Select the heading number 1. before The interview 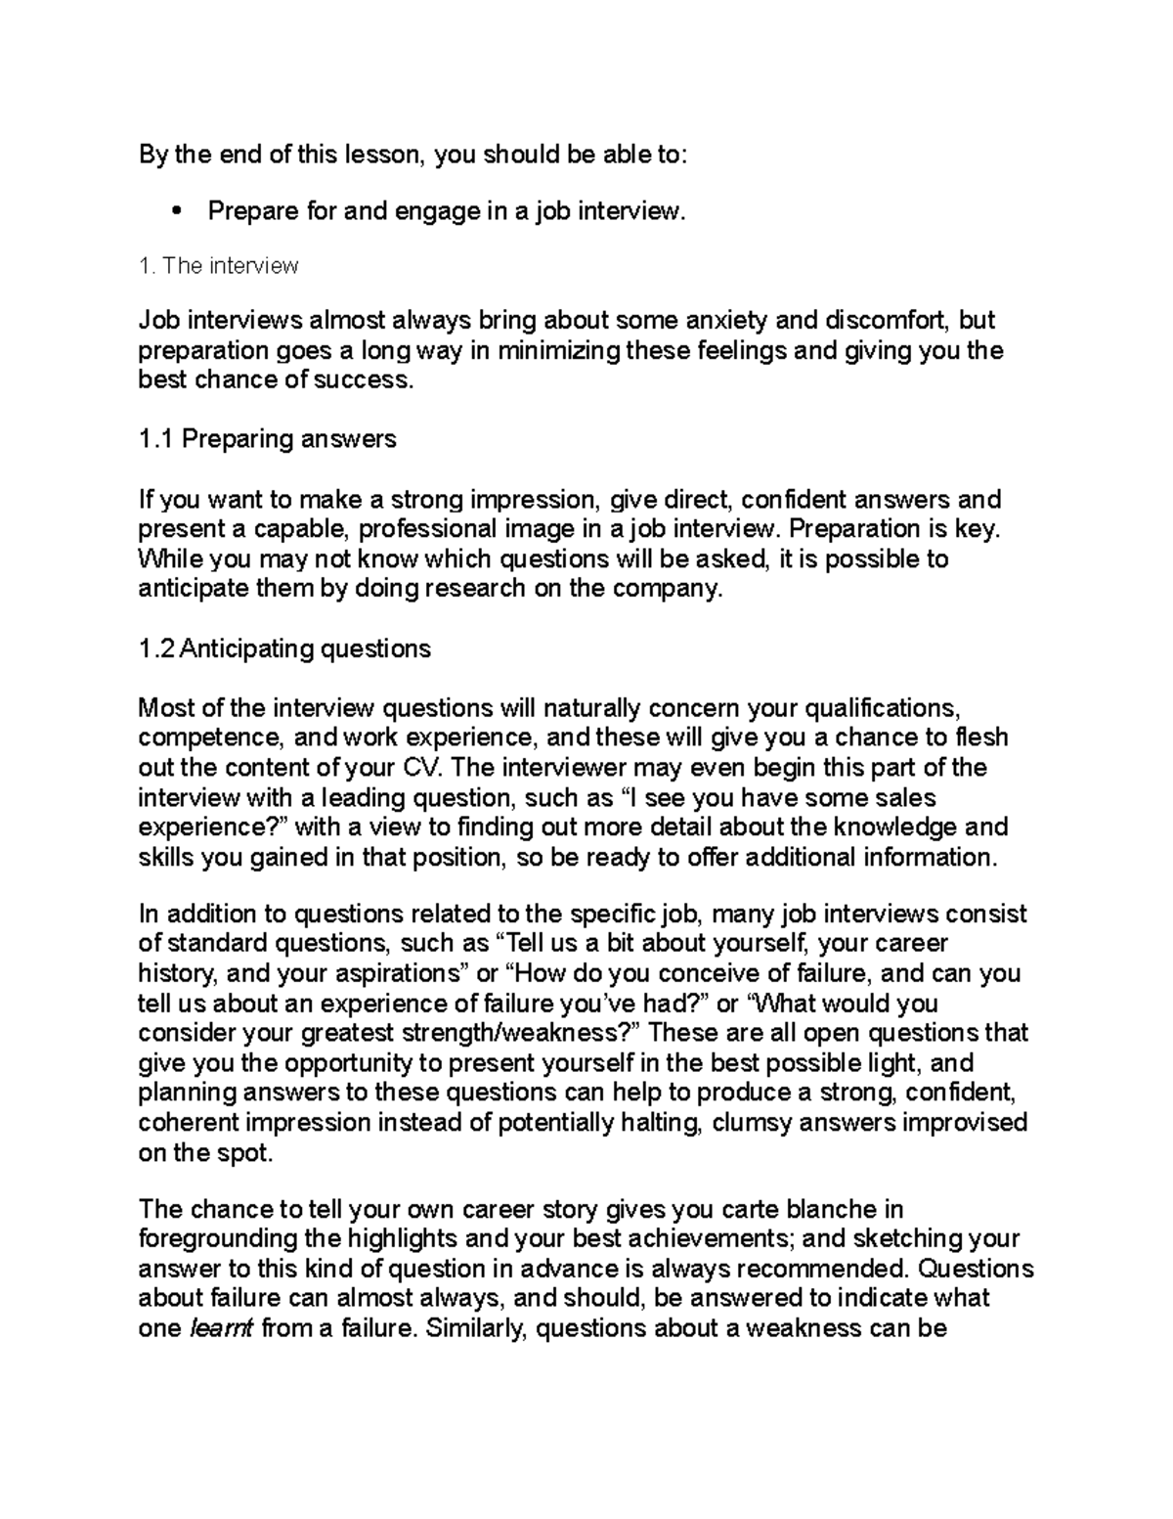148,265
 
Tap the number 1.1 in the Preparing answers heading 156,439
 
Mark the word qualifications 873,707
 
